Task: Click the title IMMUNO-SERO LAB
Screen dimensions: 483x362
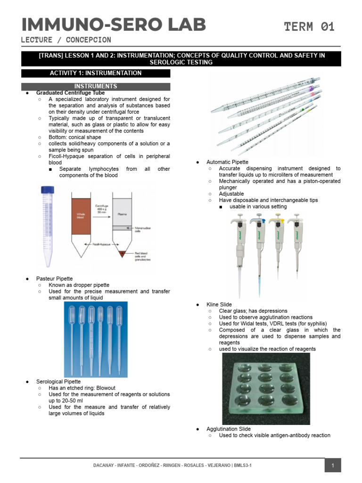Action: pos(113,25)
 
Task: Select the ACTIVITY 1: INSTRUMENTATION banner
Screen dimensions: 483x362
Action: pos(96,73)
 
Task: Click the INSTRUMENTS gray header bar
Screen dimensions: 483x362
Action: pos(96,86)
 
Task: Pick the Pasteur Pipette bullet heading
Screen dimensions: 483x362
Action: pos(54,279)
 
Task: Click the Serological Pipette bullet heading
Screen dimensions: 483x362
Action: pos(58,381)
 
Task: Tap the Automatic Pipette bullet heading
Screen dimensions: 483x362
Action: pos(227,162)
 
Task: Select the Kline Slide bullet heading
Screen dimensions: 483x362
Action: pos(219,305)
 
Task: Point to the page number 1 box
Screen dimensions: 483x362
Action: pos(332,466)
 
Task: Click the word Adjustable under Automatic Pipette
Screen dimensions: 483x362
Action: pos(231,194)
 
